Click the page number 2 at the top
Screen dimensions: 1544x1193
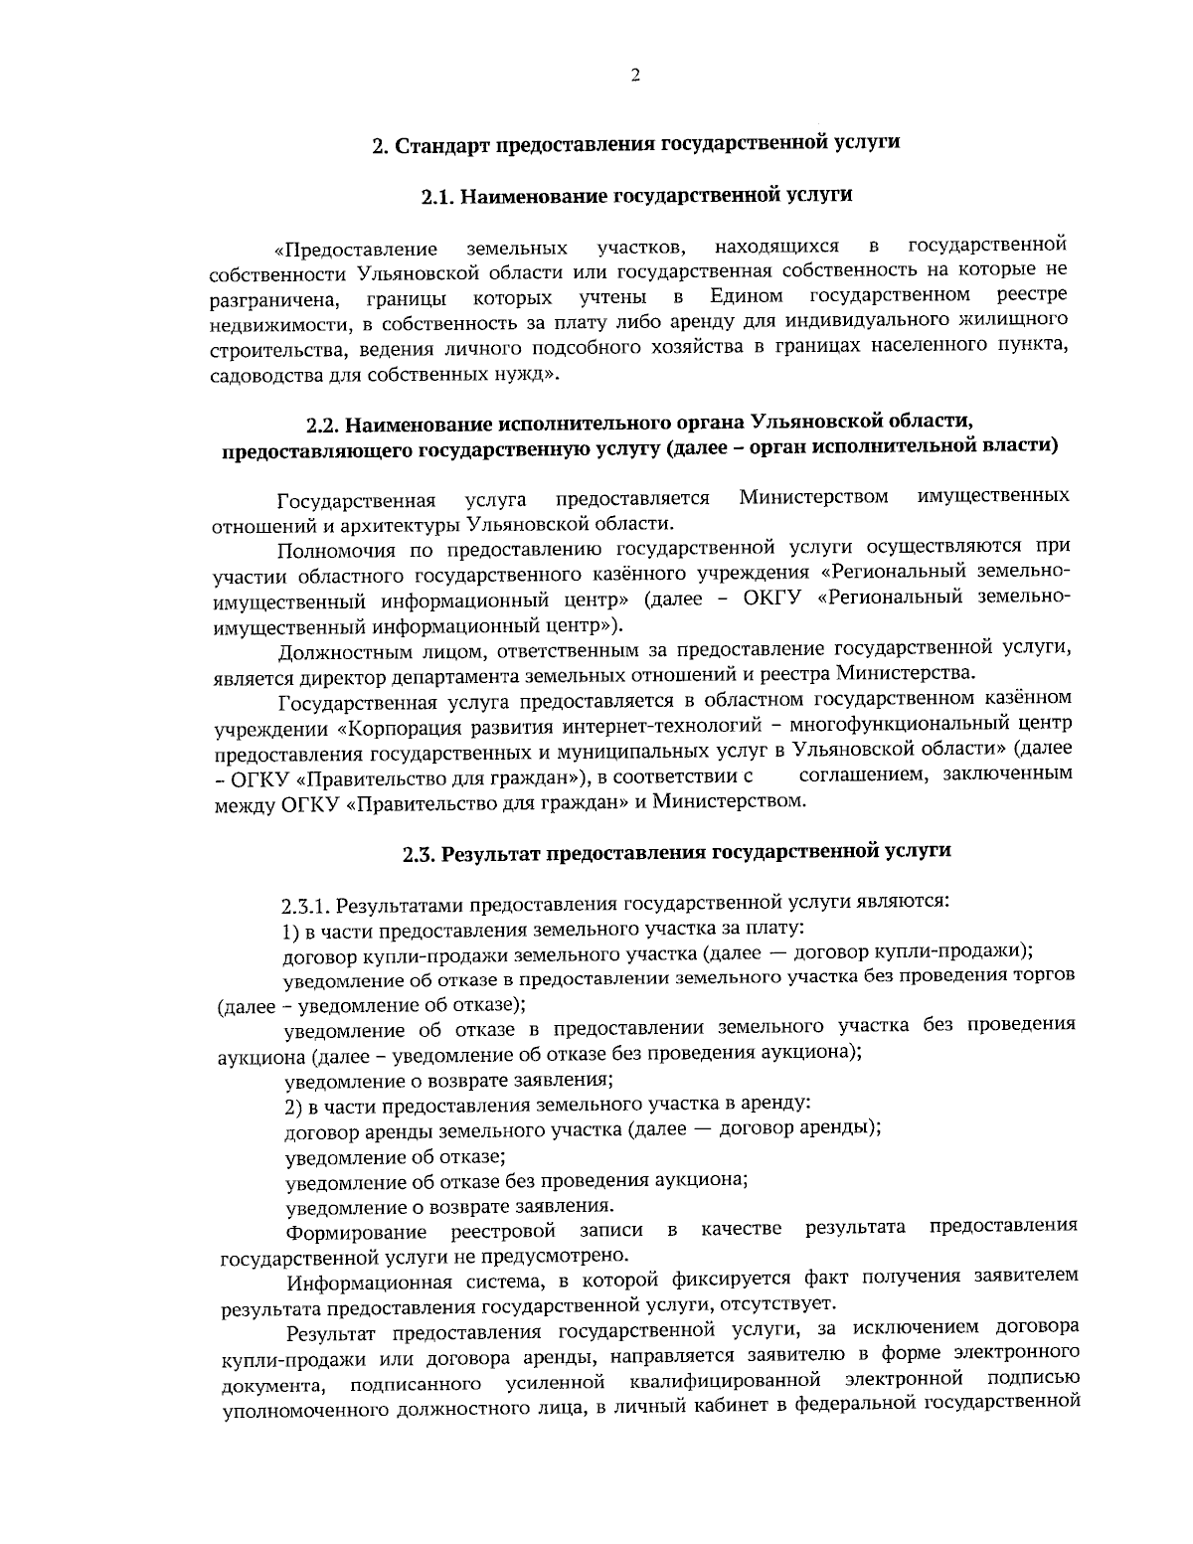[635, 77]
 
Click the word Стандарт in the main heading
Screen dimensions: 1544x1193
[441, 144]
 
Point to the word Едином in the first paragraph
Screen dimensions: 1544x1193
[746, 296]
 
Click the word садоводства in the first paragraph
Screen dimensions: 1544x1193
[262, 375]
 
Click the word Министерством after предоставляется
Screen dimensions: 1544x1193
[813, 496]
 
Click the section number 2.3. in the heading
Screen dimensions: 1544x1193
[421, 852]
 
